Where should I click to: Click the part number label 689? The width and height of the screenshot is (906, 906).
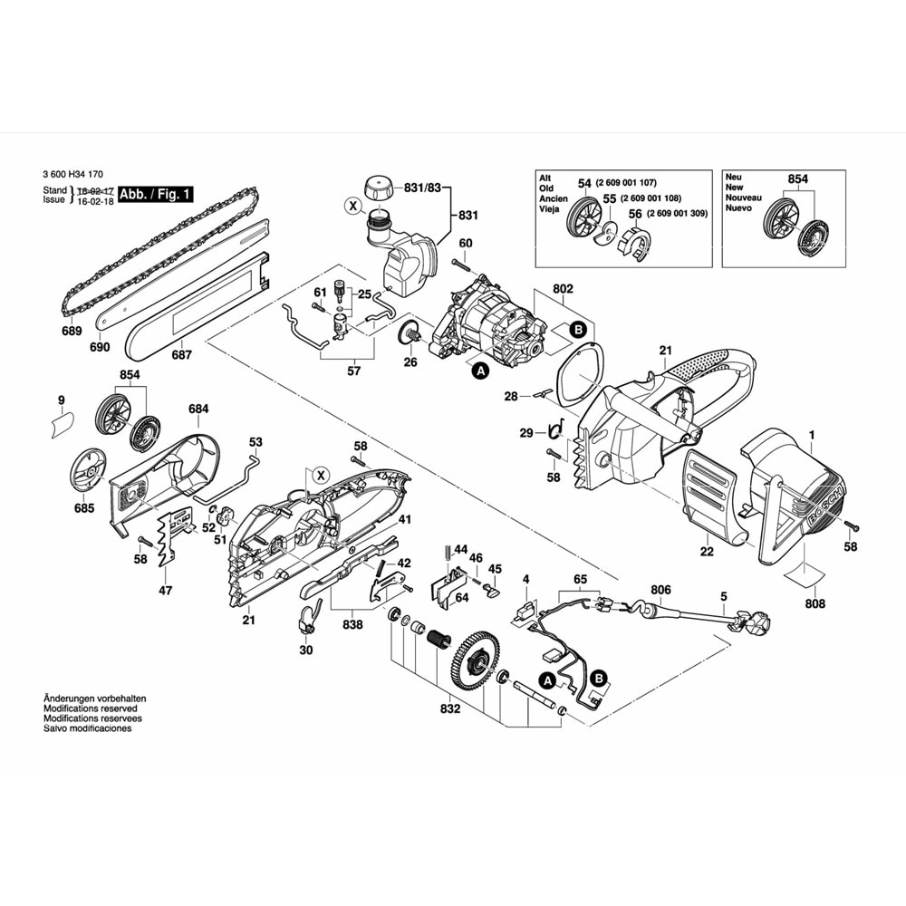(x=73, y=332)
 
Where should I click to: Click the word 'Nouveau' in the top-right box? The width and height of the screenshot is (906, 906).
(x=743, y=198)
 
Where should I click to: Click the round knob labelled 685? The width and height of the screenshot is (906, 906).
(x=89, y=470)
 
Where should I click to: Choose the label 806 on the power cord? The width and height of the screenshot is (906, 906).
(x=660, y=589)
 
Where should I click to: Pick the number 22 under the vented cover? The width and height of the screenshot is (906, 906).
(x=707, y=551)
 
